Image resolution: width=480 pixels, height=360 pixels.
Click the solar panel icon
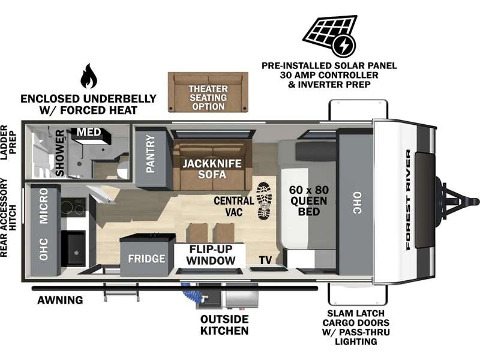330,36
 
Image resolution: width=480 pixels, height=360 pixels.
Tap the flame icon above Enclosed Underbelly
89,76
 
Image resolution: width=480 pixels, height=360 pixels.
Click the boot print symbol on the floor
264,201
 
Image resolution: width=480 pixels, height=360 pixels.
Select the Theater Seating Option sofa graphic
208,92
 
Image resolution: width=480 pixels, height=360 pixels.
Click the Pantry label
151,154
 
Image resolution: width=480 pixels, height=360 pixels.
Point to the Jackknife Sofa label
212,169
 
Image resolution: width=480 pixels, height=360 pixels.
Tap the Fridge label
146,259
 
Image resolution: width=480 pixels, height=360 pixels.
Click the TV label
265,260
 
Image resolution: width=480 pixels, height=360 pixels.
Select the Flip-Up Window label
211,254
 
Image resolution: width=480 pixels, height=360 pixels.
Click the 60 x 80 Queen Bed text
309,201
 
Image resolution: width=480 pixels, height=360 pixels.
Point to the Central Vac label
234,206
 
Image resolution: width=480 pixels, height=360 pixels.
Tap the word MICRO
43,206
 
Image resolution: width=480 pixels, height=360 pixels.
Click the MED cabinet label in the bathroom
89,132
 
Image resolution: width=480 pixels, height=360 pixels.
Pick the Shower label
60,153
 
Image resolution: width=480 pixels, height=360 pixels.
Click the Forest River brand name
408,200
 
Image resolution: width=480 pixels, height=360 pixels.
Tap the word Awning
60,300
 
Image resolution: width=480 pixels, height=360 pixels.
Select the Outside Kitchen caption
224,325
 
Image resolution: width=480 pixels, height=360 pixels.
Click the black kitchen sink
73,249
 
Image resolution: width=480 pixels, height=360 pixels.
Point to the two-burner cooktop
73,208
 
